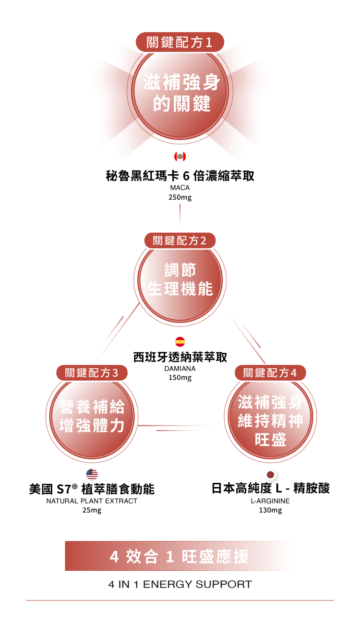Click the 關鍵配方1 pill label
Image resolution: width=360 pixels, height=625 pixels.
coord(180,42)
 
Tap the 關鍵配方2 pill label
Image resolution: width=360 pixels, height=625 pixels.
coord(180,240)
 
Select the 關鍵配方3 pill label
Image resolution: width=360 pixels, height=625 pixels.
coord(92,373)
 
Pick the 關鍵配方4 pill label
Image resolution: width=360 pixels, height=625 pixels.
coord(270,373)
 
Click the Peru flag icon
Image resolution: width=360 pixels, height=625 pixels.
coord(180,156)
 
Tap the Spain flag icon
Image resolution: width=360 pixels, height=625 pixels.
coord(180,342)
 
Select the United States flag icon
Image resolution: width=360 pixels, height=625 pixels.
coord(92,474)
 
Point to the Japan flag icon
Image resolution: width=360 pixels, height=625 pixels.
coord(270,474)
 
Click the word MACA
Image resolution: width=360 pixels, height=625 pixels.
coord(180,188)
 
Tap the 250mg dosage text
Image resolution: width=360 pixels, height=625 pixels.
coord(180,197)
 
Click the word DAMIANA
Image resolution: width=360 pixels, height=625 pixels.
coord(180,369)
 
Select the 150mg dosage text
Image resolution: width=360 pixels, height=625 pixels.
coord(180,378)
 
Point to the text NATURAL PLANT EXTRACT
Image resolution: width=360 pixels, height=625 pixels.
coord(92,501)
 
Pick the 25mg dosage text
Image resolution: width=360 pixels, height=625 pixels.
coord(92,510)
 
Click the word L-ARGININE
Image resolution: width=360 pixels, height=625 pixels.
coord(270,501)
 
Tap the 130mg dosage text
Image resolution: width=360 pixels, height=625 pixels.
coord(270,510)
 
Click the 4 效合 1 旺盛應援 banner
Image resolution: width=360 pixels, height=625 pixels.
coord(180,556)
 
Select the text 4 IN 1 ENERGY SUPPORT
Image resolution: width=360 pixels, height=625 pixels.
coord(180,585)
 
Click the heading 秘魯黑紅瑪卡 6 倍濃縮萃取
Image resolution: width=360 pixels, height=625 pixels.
coord(180,176)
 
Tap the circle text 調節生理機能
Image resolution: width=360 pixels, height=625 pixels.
coord(180,279)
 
